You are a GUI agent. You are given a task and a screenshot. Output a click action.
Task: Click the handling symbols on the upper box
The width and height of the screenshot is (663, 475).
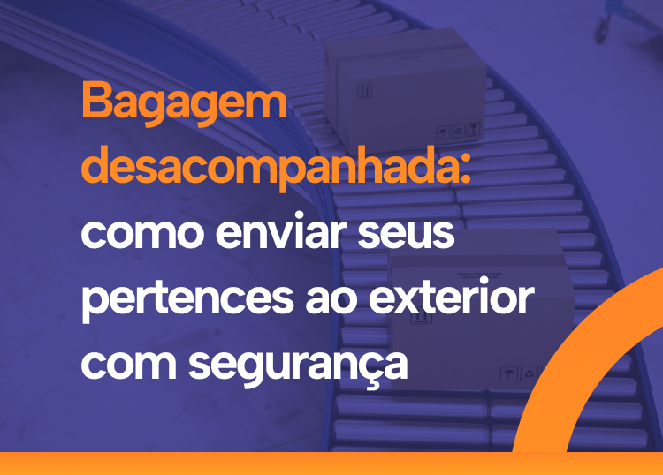pos(460,131)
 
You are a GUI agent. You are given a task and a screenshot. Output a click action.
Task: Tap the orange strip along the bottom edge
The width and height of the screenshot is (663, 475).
pos(331,464)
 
